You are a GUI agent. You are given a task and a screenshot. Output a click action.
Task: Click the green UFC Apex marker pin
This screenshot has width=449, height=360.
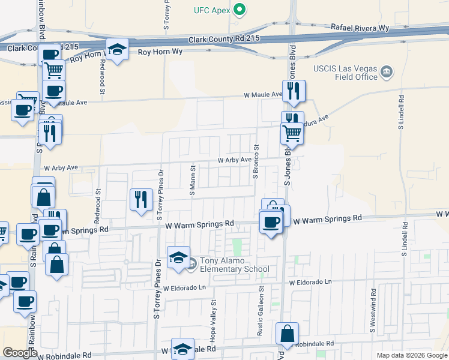240,10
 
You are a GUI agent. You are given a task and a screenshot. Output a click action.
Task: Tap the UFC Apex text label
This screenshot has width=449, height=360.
212,10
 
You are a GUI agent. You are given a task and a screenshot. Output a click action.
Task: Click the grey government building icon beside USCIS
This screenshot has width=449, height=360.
387,73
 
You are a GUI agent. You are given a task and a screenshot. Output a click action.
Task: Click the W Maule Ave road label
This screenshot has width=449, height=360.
262,95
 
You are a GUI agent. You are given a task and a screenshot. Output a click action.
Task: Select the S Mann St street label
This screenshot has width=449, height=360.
193,181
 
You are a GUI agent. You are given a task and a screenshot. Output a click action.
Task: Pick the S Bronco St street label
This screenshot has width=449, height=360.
255,161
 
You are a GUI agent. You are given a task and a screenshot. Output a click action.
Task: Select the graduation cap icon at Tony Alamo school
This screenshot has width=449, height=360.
178,257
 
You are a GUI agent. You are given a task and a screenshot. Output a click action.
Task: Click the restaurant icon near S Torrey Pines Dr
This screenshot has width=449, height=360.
141,199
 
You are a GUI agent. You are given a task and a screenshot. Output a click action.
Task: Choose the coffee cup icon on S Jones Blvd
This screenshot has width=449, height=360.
271,221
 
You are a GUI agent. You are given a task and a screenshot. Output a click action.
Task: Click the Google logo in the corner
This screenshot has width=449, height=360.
20,353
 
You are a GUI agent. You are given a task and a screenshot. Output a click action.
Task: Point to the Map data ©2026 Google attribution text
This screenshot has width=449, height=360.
411,355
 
